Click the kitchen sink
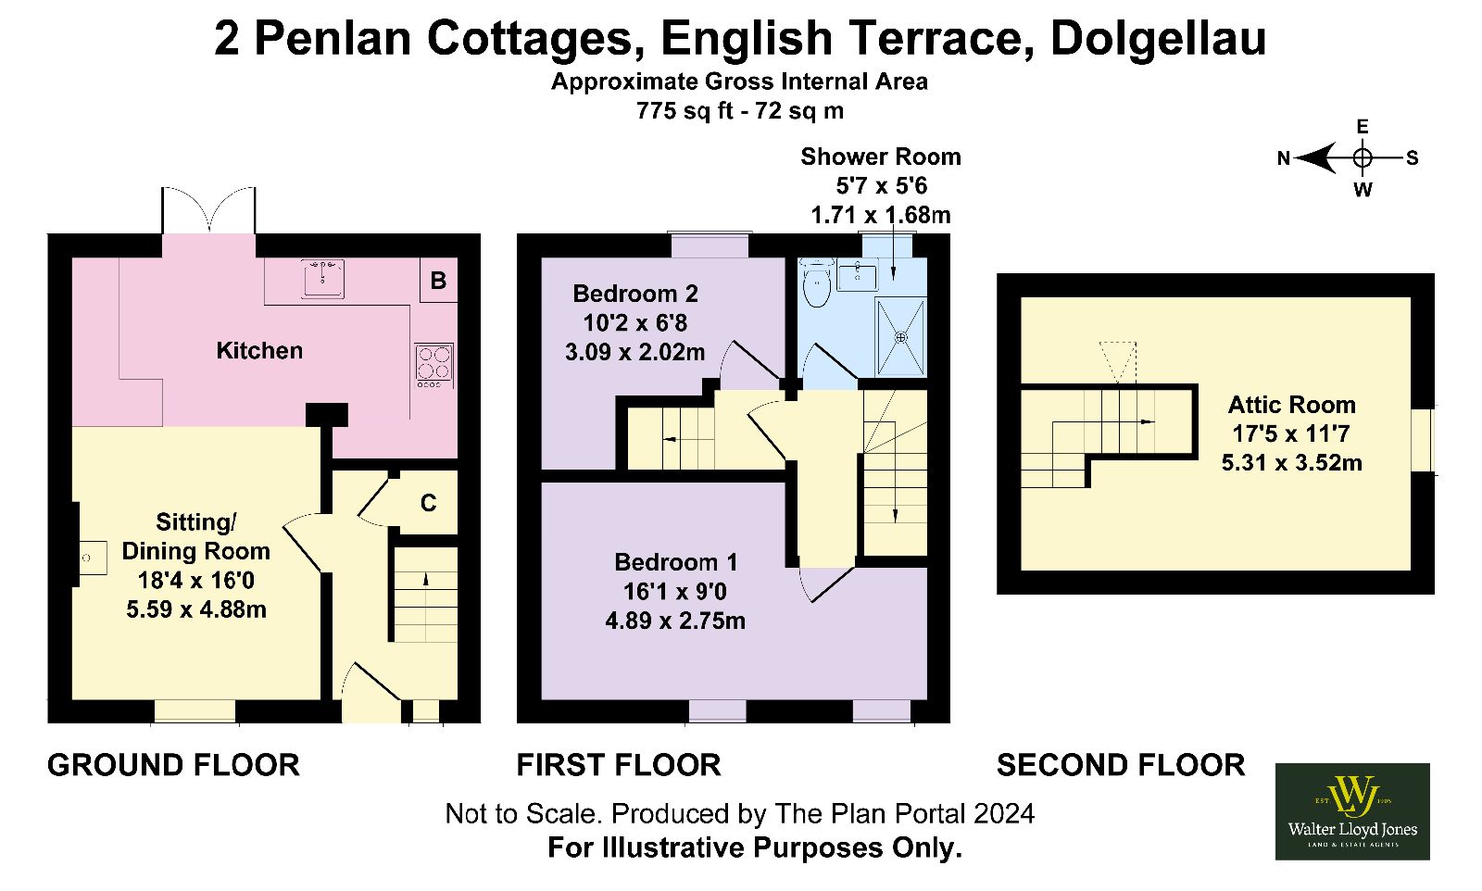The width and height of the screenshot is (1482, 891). click(x=323, y=278)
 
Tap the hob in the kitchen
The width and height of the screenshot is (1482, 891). click(x=434, y=365)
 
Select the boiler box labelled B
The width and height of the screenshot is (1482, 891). click(x=439, y=280)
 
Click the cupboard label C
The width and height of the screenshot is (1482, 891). click(x=429, y=503)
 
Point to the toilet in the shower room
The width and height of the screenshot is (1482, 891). click(x=817, y=283)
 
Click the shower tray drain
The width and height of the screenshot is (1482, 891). click(x=900, y=337)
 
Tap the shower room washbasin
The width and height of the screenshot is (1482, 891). click(x=857, y=274)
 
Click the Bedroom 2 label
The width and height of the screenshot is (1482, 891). click(x=635, y=293)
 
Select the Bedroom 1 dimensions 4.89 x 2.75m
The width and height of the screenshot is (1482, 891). click(x=675, y=621)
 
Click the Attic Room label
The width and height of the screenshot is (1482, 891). click(x=1291, y=404)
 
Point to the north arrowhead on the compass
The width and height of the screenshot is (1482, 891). click(x=1314, y=158)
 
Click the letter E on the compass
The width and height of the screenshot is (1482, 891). click(x=1363, y=126)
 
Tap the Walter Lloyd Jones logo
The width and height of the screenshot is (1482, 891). click(x=1352, y=811)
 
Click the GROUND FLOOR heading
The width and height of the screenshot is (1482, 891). click(x=173, y=765)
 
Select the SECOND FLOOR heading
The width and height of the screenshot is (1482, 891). click(x=1121, y=765)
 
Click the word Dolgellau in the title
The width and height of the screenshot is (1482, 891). click(x=1158, y=38)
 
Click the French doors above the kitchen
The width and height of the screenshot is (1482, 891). click(x=208, y=209)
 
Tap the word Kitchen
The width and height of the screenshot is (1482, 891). click(x=259, y=351)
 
